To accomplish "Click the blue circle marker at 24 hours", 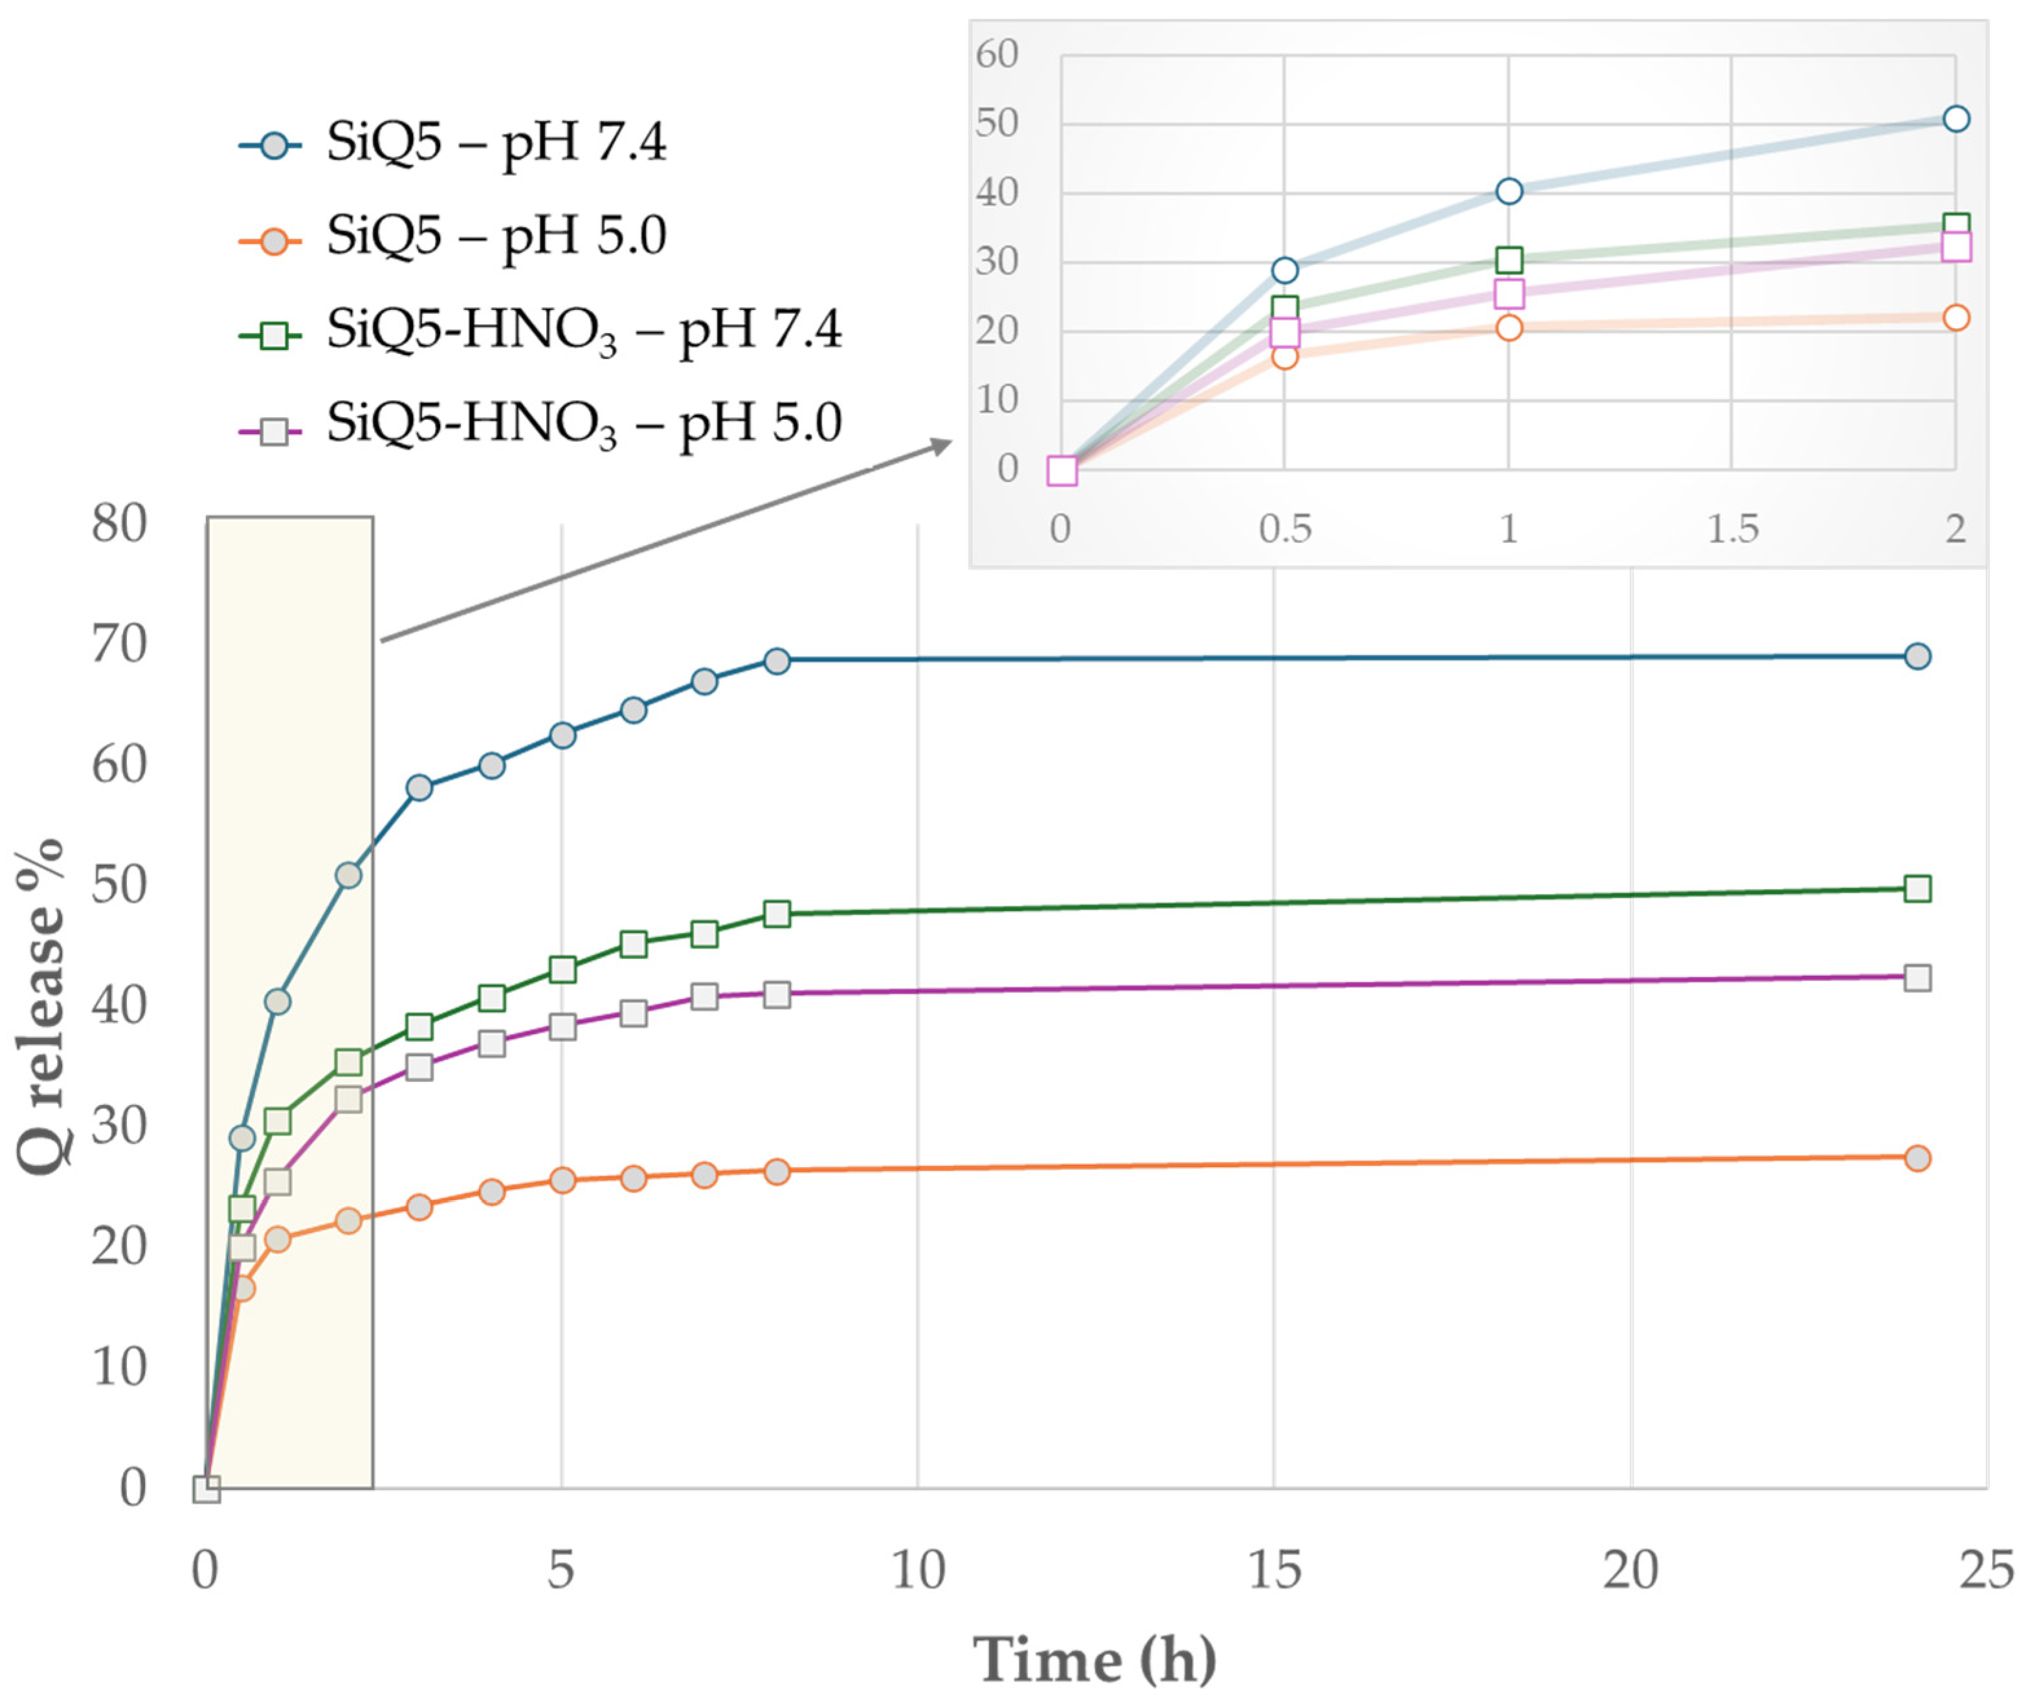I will (1917, 656).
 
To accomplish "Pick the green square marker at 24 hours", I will (1917, 888).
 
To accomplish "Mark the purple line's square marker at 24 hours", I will (1917, 978).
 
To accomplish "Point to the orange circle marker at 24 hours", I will (1917, 1157).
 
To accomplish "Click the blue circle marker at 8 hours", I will (777, 661).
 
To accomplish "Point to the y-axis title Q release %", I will (41, 1007).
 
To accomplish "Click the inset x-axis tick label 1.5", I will (1732, 529).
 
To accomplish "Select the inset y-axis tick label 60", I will (996, 55).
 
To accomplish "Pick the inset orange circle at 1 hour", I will (1509, 327).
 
